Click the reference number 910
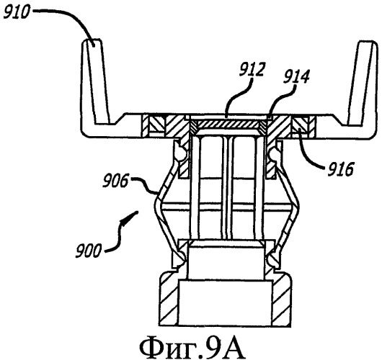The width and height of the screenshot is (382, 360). pyautogui.click(x=16, y=12)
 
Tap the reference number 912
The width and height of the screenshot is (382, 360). pyautogui.click(x=252, y=70)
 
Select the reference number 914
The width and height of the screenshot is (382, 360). pyautogui.click(x=296, y=76)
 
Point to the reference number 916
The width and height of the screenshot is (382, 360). pyautogui.click(x=340, y=169)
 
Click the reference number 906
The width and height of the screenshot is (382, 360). pyautogui.click(x=115, y=181)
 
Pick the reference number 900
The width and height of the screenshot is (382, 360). pyautogui.click(x=88, y=251)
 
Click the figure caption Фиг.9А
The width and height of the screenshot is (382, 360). pyautogui.click(x=192, y=347)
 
